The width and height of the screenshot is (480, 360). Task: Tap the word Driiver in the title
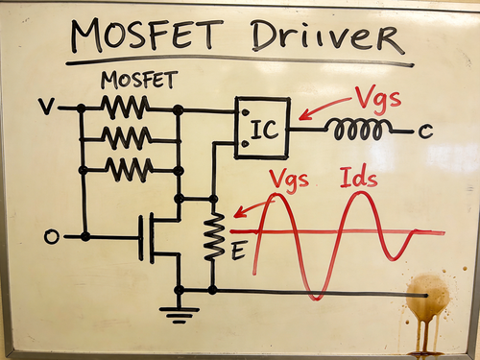(327, 36)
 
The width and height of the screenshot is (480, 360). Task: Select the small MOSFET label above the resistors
(139, 80)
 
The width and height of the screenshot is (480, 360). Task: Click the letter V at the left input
(46, 107)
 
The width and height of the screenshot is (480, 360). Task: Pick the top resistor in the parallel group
(125, 108)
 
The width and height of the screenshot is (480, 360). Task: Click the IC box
(262, 129)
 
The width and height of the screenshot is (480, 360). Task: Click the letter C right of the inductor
(425, 132)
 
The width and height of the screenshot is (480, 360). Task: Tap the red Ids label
(358, 177)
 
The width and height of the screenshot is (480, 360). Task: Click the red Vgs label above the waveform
(289, 180)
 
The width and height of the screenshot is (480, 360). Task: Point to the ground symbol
(180, 314)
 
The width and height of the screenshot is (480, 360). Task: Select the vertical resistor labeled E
(214, 236)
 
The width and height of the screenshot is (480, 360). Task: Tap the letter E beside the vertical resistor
(238, 252)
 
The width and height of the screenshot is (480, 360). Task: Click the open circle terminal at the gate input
(51, 237)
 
